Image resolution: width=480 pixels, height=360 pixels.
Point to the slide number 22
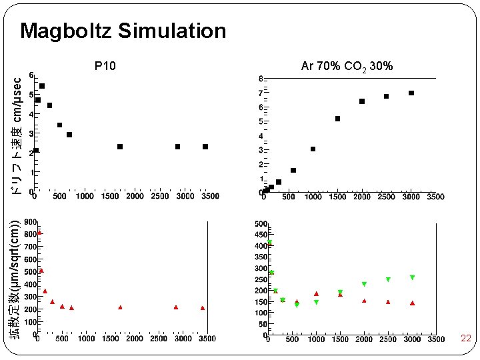click(466, 339)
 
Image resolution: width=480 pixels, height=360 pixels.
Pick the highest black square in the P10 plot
click(42, 86)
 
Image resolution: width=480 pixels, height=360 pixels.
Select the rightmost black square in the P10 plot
click(205, 147)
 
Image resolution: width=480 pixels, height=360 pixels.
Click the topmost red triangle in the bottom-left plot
click(39, 233)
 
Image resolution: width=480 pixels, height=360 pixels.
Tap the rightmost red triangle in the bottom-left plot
click(203, 308)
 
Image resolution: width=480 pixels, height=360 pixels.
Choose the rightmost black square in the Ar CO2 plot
click(411, 93)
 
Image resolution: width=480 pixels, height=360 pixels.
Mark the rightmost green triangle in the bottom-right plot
click(413, 277)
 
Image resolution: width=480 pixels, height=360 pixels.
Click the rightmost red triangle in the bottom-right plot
click(412, 303)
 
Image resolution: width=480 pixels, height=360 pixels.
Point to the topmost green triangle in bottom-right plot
click(270, 243)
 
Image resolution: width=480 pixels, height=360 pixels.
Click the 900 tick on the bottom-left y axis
click(30, 222)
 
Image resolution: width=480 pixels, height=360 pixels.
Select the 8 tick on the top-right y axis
click(261, 79)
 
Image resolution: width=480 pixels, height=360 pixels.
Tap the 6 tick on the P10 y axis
click(32, 75)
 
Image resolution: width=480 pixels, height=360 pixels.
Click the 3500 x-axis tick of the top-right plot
click(436, 197)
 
